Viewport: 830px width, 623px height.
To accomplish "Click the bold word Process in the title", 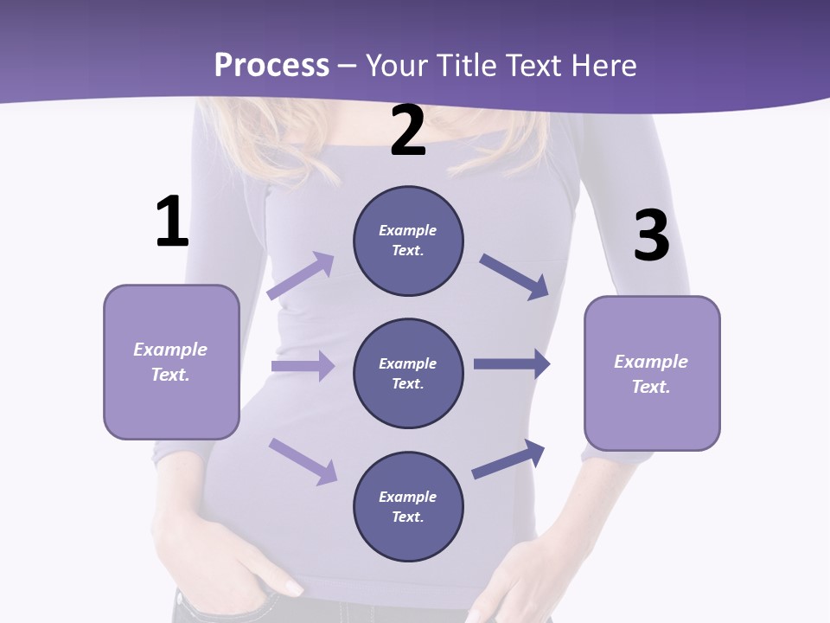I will [x=271, y=65].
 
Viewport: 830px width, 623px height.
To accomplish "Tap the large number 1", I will [x=172, y=222].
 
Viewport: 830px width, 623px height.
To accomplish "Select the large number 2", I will [x=408, y=132].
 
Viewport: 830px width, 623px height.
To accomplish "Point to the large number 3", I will [x=651, y=235].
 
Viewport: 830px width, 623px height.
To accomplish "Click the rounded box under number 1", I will [x=171, y=362].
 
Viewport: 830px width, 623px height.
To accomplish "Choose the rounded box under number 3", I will [x=652, y=373].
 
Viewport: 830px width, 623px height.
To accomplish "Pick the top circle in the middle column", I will [x=408, y=241].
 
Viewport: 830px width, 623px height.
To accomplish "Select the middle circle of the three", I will [x=408, y=373].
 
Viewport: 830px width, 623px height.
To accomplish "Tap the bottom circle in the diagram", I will [x=408, y=506].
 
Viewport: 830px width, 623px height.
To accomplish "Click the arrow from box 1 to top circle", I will [x=301, y=276].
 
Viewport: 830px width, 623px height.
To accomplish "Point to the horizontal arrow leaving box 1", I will [x=303, y=366].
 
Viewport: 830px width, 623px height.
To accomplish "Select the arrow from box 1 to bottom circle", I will [x=303, y=460].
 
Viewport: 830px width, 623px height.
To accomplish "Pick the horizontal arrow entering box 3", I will [x=512, y=364].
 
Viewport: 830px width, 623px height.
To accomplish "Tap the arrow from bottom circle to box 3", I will [x=508, y=459].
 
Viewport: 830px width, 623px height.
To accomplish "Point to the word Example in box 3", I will [x=651, y=362].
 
